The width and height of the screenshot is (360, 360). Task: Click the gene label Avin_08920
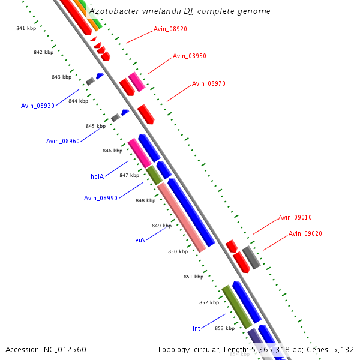pos(170,29)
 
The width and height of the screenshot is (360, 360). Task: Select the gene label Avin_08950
pos(190,56)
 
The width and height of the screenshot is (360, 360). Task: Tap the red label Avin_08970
pos(209,83)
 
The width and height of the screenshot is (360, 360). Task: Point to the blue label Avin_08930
pos(38,106)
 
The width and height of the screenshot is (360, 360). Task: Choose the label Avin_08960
pos(63,141)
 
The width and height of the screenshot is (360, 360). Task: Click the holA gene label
pos(97,176)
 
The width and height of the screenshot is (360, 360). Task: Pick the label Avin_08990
pos(101,198)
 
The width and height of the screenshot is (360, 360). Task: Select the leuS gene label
pos(139,239)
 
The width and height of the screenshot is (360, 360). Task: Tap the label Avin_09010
pos(295,217)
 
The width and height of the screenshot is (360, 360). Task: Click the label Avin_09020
pos(305,233)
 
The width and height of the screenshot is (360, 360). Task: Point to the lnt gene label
pos(196,328)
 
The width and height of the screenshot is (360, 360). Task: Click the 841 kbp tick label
pos(26,29)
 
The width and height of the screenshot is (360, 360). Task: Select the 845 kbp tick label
pos(95,126)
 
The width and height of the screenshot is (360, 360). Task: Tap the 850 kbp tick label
pos(178,251)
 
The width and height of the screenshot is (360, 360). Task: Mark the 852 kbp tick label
pos(209,302)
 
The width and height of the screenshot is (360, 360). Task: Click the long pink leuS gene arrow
pos(182,217)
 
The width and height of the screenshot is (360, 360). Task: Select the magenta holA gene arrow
pos(140,153)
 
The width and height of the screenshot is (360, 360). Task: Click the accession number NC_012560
pos(64,349)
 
